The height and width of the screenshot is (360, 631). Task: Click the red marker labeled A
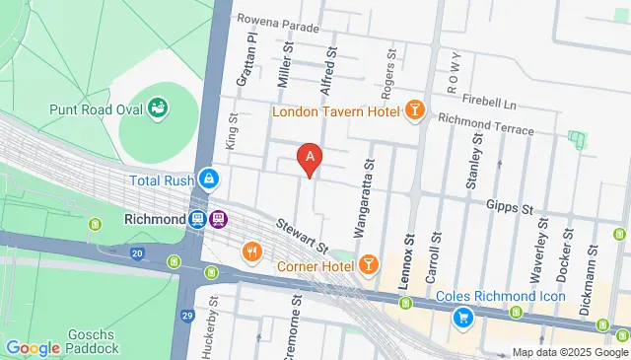[x=311, y=156]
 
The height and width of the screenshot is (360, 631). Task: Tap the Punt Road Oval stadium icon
[x=158, y=107]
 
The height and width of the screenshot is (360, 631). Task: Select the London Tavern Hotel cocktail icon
[x=415, y=110]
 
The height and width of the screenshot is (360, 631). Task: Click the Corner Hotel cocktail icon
[x=368, y=263]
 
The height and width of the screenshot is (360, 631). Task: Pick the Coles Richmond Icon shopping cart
[x=461, y=317]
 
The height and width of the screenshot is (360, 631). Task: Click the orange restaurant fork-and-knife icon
[x=252, y=252]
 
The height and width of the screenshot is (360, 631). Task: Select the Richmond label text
[x=155, y=218]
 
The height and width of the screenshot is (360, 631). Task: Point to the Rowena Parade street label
[x=279, y=25]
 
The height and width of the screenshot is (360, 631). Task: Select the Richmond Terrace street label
[x=485, y=126]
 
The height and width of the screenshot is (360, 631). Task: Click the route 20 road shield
[x=137, y=253]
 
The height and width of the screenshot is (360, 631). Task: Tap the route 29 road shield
[x=188, y=316]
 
